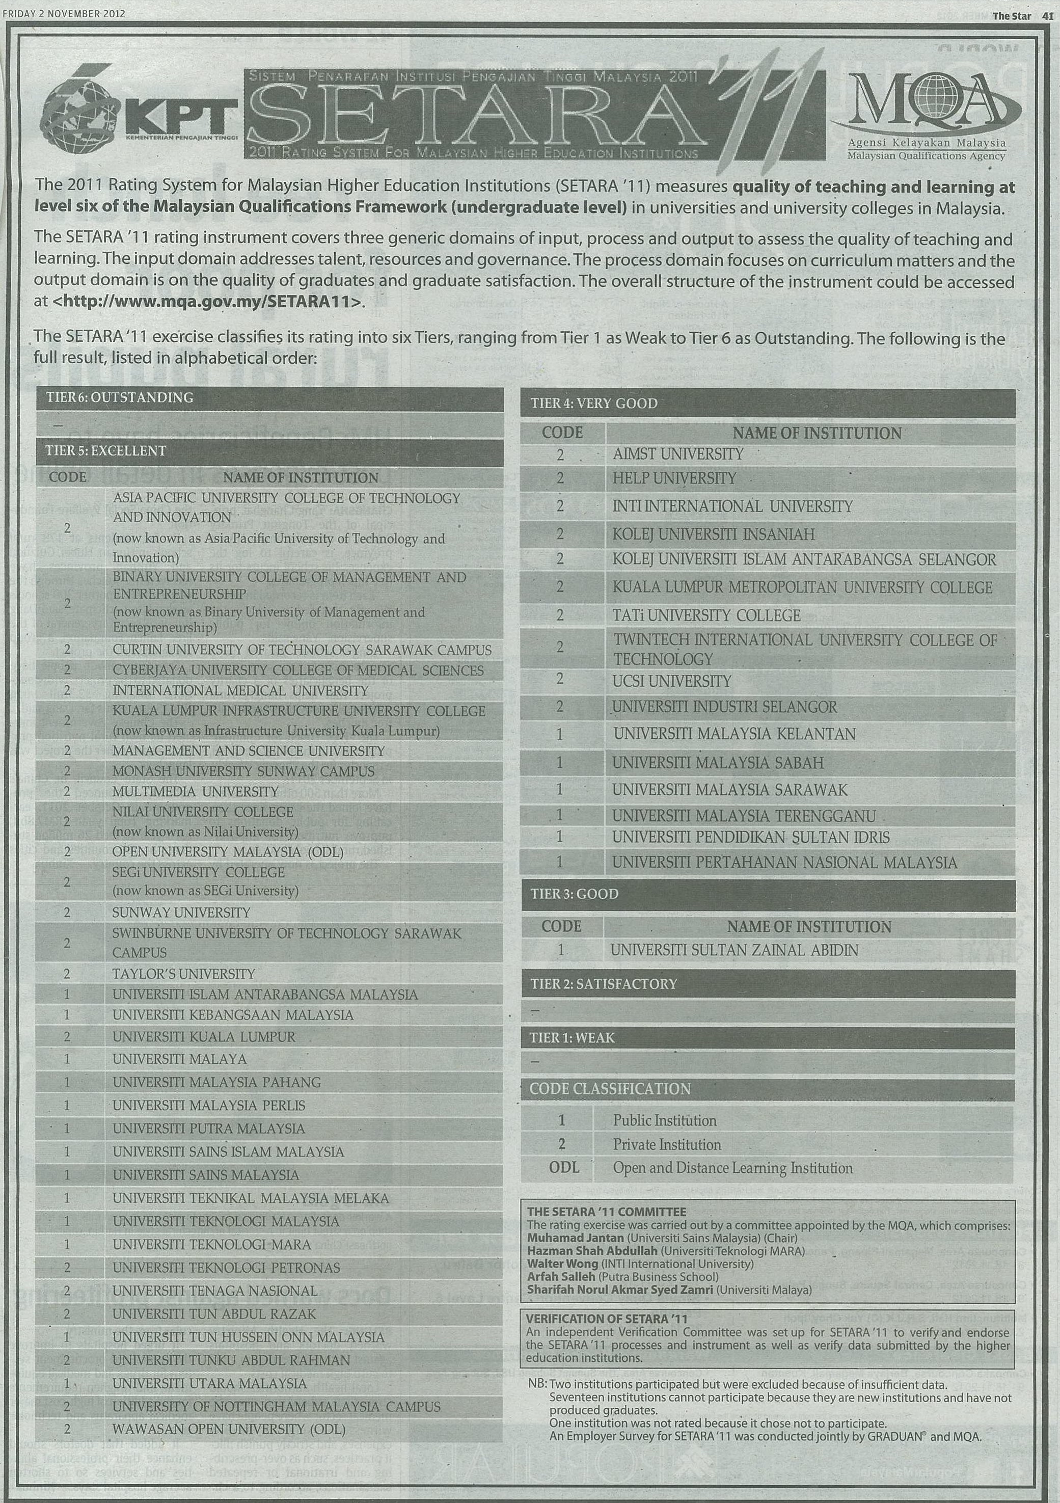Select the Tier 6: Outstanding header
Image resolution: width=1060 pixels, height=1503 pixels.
(120, 397)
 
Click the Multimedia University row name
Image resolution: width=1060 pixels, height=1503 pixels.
(195, 791)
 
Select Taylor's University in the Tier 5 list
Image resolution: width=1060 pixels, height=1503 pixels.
(183, 974)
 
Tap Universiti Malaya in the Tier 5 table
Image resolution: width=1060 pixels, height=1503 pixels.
(179, 1059)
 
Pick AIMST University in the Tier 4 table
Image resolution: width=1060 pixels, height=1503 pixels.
(678, 453)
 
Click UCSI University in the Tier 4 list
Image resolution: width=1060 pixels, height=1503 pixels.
(671, 682)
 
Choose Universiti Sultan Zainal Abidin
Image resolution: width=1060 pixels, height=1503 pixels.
(734, 950)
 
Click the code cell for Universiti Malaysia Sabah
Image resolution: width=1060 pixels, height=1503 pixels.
(559, 763)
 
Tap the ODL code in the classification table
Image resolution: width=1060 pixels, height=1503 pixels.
(563, 1167)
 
